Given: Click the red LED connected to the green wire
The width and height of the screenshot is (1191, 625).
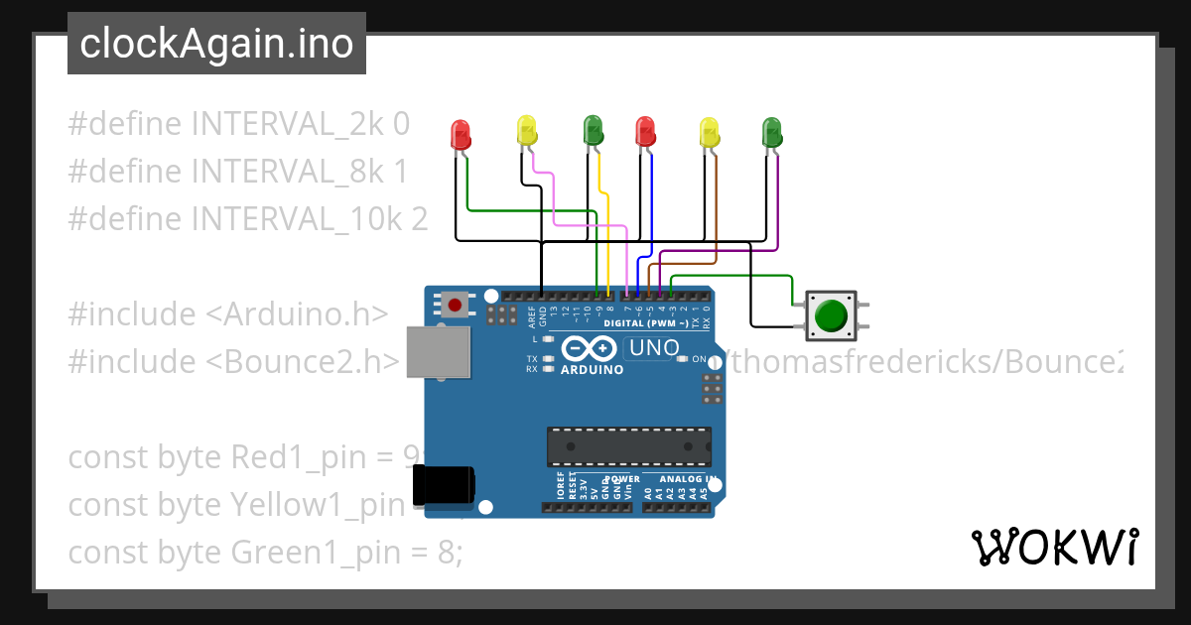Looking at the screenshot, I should pyautogui.click(x=461, y=133).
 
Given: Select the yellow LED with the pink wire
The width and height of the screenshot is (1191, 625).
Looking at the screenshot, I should pyautogui.click(x=526, y=130).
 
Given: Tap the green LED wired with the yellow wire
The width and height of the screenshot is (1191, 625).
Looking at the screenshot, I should pyautogui.click(x=593, y=129).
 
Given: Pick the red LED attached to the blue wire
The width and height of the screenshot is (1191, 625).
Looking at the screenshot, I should pyautogui.click(x=645, y=130).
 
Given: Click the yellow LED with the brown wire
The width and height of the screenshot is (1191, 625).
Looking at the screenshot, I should pyautogui.click(x=709, y=131).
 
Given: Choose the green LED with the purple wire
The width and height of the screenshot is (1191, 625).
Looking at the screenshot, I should pyautogui.click(x=771, y=131).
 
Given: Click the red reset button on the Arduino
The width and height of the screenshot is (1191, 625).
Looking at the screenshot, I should pyautogui.click(x=455, y=305).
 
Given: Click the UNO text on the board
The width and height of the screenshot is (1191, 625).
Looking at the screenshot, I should pyautogui.click(x=654, y=348).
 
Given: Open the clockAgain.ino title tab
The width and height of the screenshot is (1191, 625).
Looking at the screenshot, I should pyautogui.click(x=216, y=44).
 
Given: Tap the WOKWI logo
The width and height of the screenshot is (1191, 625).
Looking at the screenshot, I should pyautogui.click(x=1054, y=547).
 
